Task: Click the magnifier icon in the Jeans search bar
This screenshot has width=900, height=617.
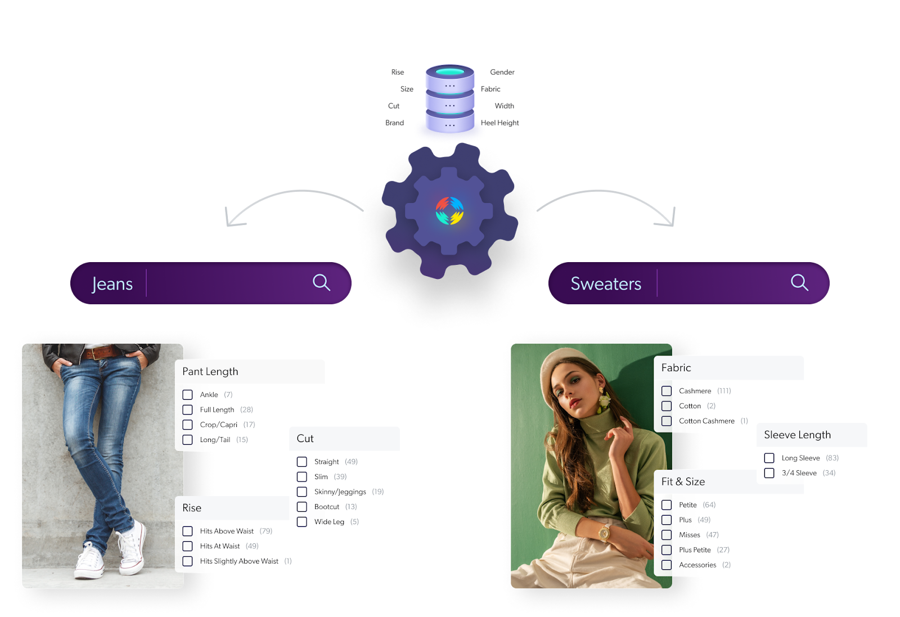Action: click(321, 282)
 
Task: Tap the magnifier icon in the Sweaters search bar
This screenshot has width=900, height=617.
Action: click(799, 282)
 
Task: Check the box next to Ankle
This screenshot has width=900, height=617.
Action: click(187, 394)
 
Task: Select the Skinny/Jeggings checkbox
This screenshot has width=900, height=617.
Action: click(301, 492)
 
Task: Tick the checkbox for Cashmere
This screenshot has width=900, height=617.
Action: click(667, 391)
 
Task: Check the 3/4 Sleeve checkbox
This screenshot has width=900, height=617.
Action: click(769, 473)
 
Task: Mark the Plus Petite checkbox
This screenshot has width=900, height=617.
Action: click(667, 550)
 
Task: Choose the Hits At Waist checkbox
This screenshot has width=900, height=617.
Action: click(187, 546)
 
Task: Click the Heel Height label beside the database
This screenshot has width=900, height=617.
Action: click(500, 123)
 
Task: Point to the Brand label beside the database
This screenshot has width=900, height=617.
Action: click(394, 123)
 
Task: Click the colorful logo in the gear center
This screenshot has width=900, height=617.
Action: click(449, 210)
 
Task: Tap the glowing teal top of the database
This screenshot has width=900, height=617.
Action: click(450, 72)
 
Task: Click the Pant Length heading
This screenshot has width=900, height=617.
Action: click(210, 372)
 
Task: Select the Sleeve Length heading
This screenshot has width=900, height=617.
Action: click(797, 435)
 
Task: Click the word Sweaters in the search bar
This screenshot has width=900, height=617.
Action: click(606, 283)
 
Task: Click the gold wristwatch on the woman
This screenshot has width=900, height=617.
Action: click(604, 533)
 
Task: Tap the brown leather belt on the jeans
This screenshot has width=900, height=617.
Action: click(101, 352)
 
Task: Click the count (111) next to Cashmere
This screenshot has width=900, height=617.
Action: click(724, 391)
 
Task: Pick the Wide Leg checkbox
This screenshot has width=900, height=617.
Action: click(301, 522)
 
